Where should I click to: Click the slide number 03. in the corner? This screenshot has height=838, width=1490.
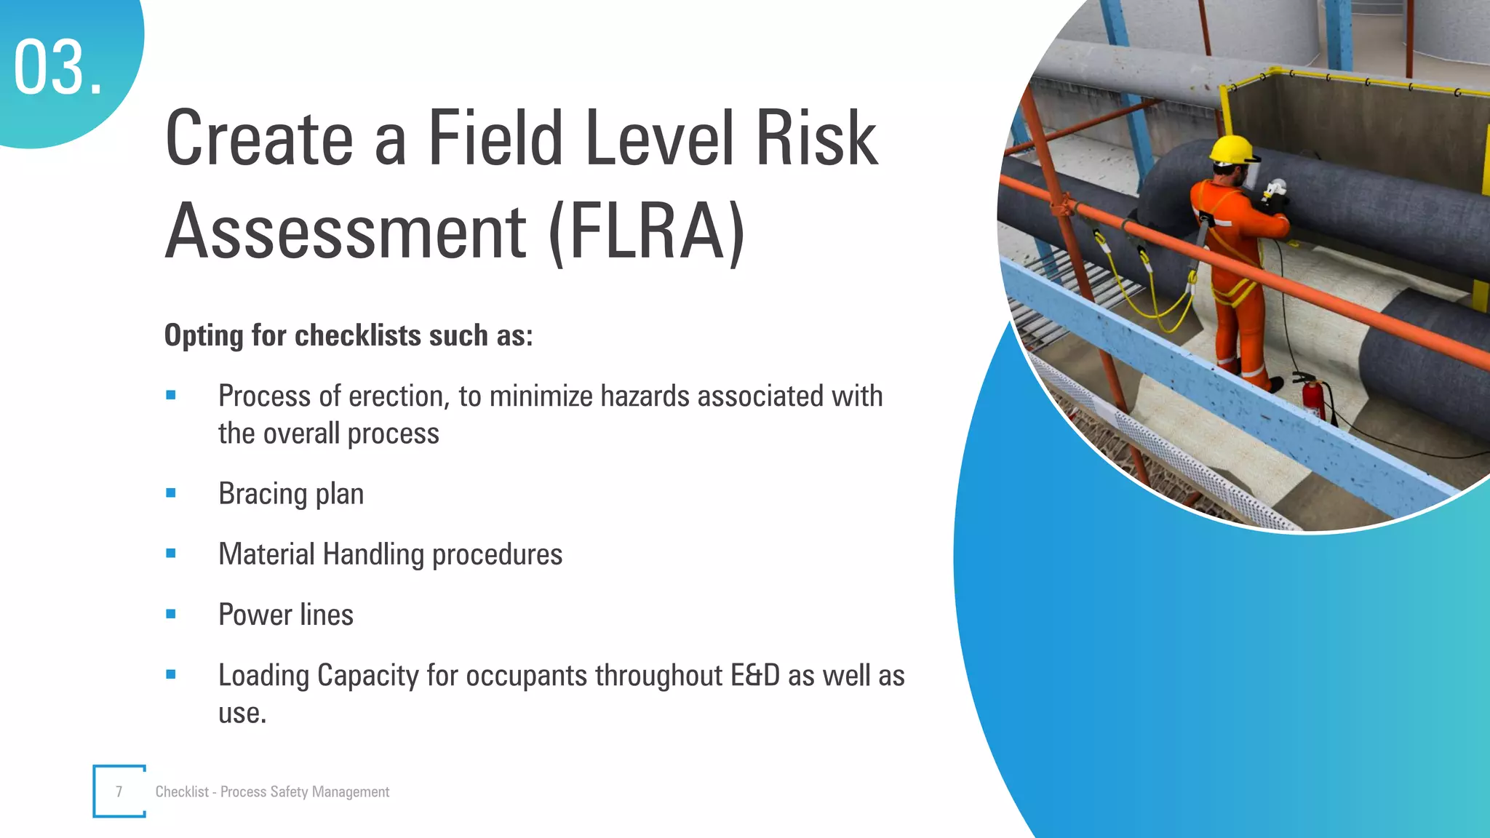58,68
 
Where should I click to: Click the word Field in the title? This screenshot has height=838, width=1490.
495,137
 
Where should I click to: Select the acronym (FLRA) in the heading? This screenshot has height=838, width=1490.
647,231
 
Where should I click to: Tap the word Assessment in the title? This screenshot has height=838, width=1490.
346,231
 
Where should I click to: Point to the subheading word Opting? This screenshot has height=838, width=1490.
204,336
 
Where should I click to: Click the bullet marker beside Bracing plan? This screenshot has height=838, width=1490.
171,493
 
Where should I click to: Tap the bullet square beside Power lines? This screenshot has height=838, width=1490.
171,614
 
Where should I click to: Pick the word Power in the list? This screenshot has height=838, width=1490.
255,615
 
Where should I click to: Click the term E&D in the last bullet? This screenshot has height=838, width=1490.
755,675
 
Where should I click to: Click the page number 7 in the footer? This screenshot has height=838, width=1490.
119,791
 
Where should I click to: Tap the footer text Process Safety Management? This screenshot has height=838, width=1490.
305,791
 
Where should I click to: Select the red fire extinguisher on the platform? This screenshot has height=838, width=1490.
1312,397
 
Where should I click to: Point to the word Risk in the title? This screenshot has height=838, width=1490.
816,137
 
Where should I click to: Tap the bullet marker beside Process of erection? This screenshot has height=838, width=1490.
171,396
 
